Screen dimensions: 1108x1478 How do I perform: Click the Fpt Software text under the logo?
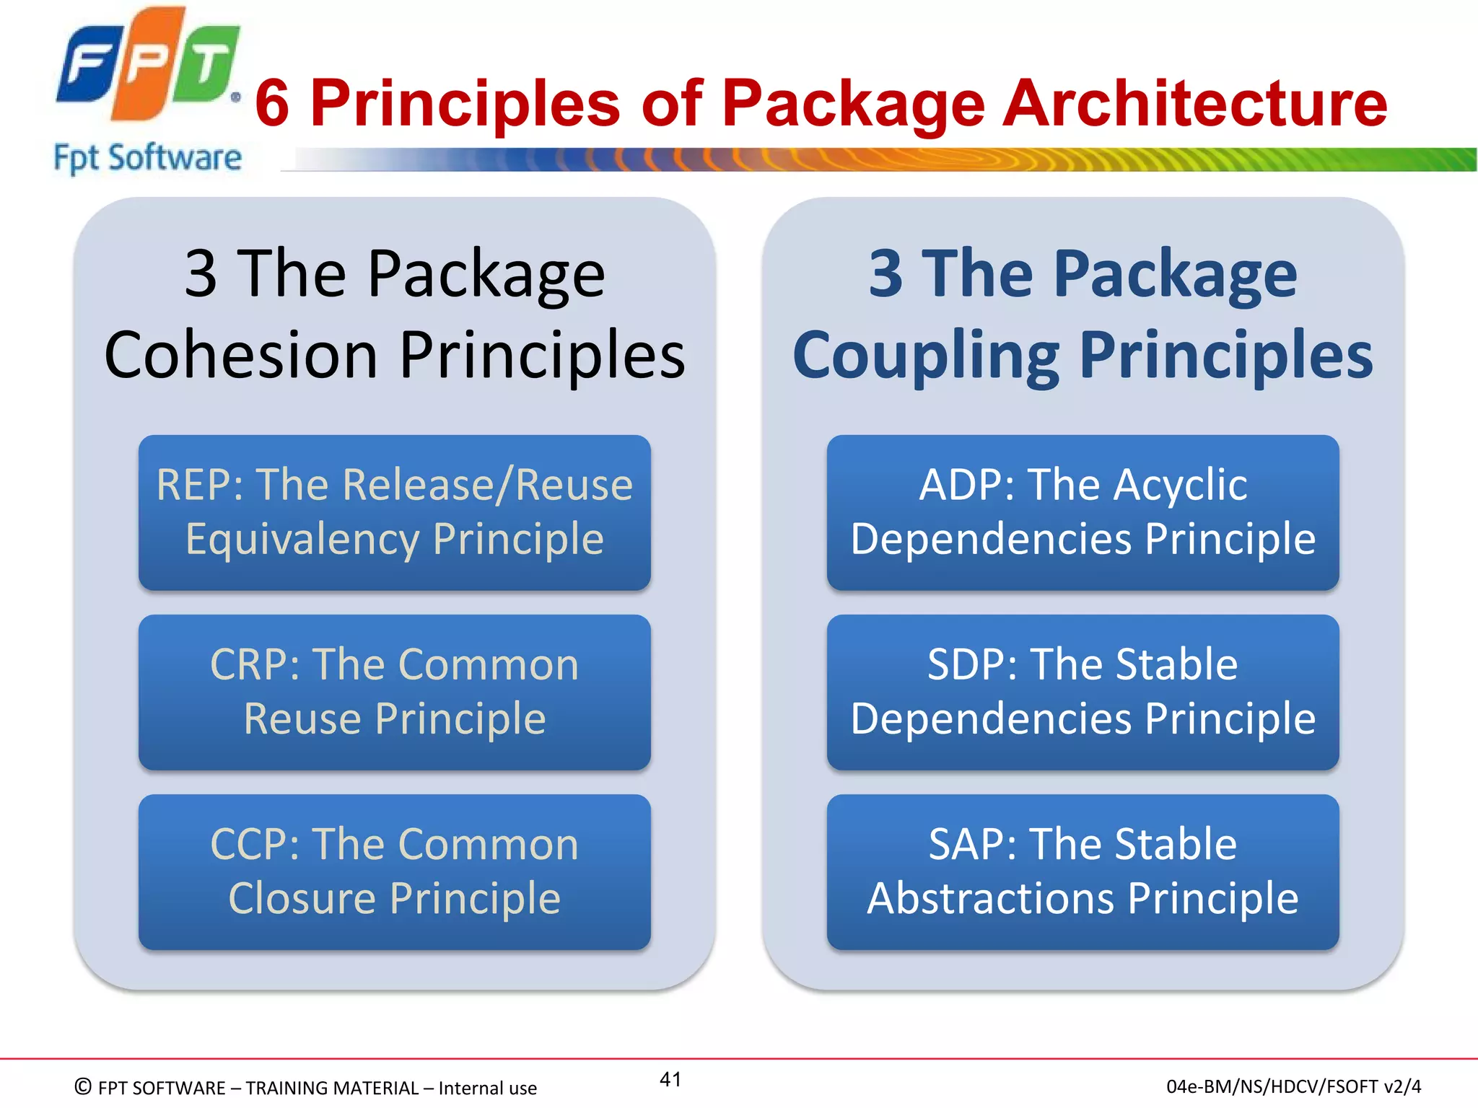coord(147,157)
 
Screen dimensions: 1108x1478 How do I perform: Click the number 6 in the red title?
coord(273,103)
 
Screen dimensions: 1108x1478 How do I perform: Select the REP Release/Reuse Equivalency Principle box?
coord(394,512)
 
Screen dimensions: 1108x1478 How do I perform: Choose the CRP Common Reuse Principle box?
coord(394,692)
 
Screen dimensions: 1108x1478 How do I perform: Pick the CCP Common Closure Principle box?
coord(394,871)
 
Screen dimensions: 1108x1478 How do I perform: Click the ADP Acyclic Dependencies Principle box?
coord(1083,512)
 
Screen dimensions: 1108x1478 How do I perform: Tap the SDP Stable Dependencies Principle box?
coord(1083,692)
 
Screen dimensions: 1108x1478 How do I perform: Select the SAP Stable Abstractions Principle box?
coord(1083,871)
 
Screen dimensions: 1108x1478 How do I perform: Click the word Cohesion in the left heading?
coord(241,355)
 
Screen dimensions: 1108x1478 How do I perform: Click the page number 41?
coord(670,1079)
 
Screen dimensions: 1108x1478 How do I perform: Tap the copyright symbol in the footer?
coord(83,1086)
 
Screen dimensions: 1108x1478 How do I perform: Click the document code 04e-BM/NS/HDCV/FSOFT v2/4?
coord(1293,1086)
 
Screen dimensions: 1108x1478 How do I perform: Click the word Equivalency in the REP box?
coord(302,540)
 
